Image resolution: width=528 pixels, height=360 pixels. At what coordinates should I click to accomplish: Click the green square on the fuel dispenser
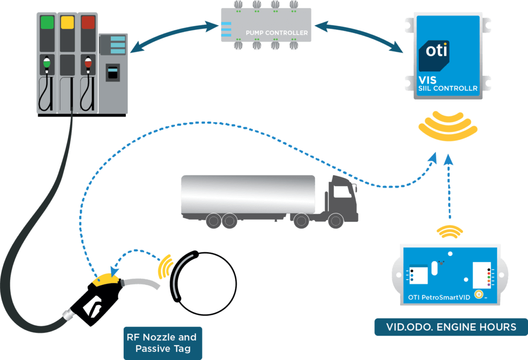pos(47,22)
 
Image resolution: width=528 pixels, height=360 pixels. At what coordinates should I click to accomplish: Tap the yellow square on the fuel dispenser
pos(68,22)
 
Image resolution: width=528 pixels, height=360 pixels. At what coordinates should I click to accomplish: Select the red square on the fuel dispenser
pos(88,22)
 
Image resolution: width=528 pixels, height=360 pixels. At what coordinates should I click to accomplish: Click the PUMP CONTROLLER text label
pos(277,33)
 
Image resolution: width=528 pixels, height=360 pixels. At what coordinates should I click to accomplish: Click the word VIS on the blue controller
pos(427,80)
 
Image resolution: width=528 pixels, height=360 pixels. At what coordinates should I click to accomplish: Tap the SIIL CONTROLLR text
pos(448,89)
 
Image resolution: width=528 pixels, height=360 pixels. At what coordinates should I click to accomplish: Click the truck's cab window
pos(341,192)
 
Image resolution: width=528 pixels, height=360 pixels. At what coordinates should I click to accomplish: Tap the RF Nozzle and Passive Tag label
pos(161,343)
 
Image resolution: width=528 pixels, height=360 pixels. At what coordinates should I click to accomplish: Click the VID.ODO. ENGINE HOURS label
pos(451,327)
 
